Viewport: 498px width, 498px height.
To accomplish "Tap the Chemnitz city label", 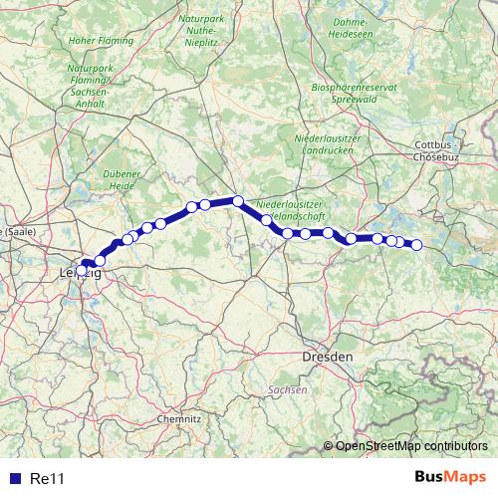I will pos(180,420).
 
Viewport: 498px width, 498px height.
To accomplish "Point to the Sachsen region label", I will pos(288,390).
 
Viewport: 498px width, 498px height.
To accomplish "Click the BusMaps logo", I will pos(450,477).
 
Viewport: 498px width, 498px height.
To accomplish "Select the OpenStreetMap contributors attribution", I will pos(411,446).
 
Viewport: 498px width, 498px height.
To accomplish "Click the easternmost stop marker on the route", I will pos(416,245).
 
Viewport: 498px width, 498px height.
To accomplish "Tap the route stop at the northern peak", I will pos(238,201).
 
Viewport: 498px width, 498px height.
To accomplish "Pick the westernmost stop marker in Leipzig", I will pos(82,269).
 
